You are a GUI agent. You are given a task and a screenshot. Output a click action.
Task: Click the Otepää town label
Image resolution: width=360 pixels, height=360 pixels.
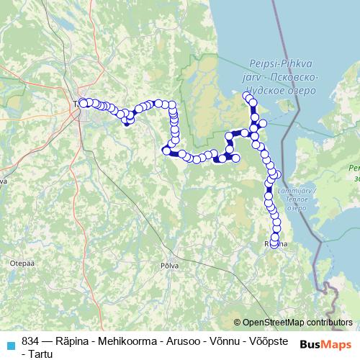click(x=18, y=264)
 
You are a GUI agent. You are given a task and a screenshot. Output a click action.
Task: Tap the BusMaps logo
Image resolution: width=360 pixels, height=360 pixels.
click(x=325, y=344)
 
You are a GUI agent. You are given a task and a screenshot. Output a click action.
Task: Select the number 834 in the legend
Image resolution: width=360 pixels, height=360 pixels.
click(x=31, y=341)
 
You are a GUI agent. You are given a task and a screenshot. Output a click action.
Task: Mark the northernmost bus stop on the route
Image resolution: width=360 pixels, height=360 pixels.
click(x=246, y=96)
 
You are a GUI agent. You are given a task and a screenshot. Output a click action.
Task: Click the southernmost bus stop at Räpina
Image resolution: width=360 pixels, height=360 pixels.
click(x=274, y=243)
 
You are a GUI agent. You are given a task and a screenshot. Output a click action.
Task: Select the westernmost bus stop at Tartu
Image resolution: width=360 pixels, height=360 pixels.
click(x=83, y=102)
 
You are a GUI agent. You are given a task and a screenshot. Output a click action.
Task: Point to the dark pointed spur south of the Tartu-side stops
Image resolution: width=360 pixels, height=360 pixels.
click(x=128, y=123)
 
